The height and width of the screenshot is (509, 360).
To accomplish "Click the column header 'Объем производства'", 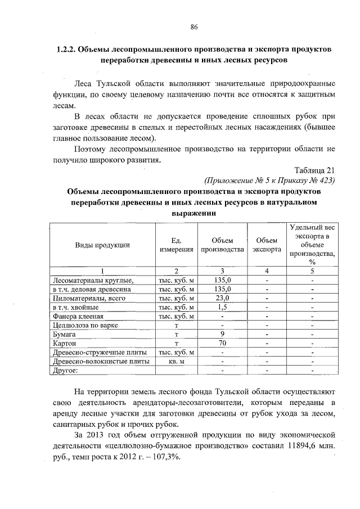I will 222,245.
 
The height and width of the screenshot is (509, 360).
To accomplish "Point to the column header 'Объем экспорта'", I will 267,245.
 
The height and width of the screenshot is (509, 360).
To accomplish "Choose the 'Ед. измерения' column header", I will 176,245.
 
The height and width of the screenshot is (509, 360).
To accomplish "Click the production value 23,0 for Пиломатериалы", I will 222,298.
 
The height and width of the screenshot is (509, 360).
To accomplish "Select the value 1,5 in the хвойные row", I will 222,307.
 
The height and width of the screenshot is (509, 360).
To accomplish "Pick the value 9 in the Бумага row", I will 222,334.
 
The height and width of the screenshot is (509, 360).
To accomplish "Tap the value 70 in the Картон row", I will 222,343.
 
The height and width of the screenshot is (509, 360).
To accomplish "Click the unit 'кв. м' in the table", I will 177,361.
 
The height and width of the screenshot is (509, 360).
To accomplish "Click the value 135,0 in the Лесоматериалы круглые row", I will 222,280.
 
